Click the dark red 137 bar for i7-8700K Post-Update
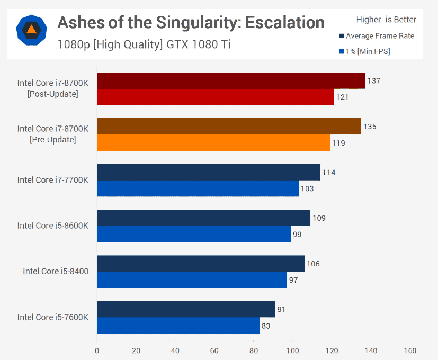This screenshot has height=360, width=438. pyautogui.click(x=230, y=81)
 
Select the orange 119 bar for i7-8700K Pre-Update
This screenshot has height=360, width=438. pyautogui.click(x=213, y=143)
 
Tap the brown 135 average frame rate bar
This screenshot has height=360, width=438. pyautogui.click(x=229, y=127)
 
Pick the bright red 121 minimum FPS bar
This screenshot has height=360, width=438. pyautogui.click(x=215, y=97)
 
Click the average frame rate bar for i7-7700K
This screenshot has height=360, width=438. pyautogui.click(x=208, y=172)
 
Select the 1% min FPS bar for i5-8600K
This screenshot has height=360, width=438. pyautogui.click(x=193, y=234)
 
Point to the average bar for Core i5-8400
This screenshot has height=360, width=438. pyautogui.click(x=200, y=264)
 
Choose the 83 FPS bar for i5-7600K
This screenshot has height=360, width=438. pyautogui.click(x=178, y=326)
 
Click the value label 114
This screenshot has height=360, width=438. pyautogui.click(x=329, y=172)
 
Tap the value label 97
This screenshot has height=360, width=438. pyautogui.click(x=293, y=280)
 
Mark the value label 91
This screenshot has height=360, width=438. pyautogui.click(x=281, y=309)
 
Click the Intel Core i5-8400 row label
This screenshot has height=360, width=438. pyautogui.click(x=56, y=272)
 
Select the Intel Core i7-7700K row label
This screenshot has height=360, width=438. pyautogui.click(x=53, y=180)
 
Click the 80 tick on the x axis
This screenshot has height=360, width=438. pyautogui.click(x=254, y=350)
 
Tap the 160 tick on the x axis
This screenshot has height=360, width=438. pyautogui.click(x=410, y=350)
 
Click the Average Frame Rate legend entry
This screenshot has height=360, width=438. pyautogui.click(x=377, y=36)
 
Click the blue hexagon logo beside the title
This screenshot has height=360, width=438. pyautogui.click(x=32, y=30)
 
